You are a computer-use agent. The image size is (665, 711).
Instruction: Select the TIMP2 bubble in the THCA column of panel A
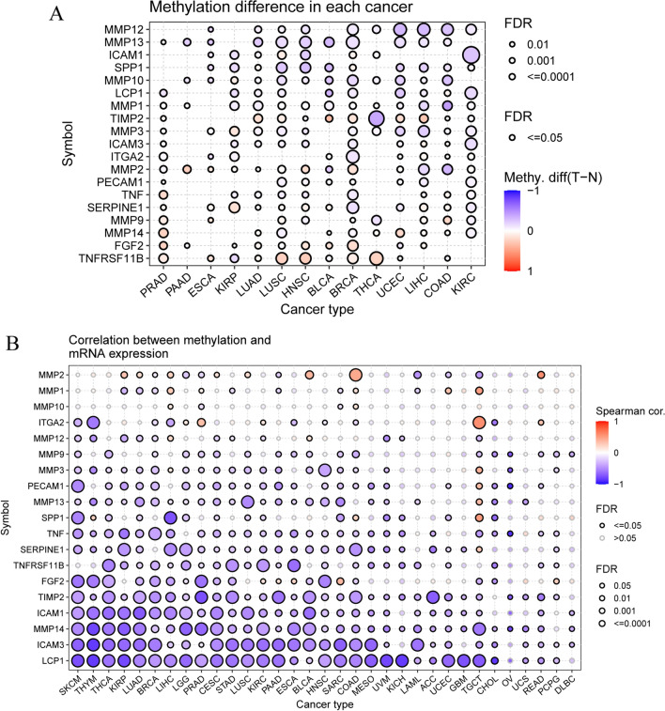pos(376,119)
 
